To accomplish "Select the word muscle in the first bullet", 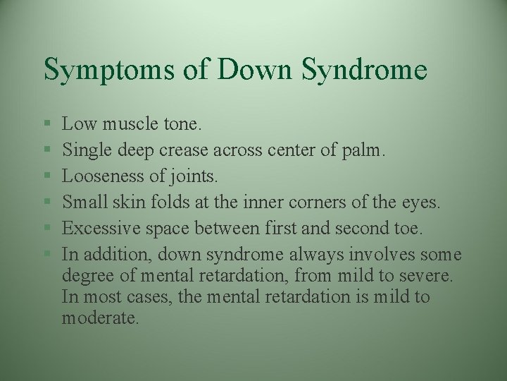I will click(132, 126).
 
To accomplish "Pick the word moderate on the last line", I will click(101, 317).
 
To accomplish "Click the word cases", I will click(149, 297).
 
